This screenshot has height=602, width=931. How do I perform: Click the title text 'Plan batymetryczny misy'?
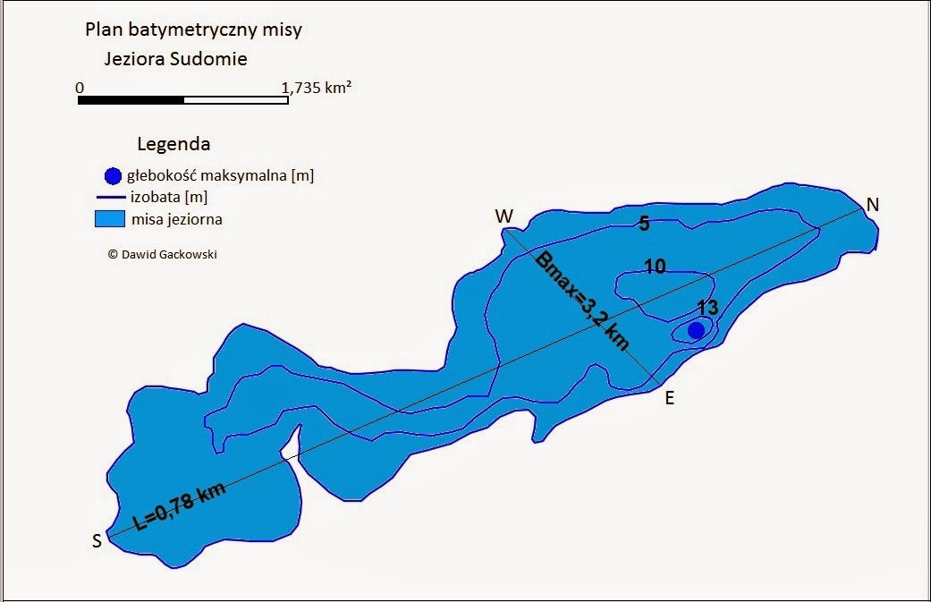193,30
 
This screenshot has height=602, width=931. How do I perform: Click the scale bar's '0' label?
80,88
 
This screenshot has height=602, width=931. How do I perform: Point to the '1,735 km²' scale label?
316,88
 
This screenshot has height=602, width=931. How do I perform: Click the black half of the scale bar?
131,100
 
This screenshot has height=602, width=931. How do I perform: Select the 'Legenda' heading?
174,143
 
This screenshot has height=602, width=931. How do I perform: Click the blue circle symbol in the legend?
112,176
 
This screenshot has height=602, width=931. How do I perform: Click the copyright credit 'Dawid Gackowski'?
162,254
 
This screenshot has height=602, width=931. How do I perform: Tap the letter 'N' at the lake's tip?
873,205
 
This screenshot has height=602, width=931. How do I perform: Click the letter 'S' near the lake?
96,540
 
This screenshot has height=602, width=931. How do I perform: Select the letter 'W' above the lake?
504,216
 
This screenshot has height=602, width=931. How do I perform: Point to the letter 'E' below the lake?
669,399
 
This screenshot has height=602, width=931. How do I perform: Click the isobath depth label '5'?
643,224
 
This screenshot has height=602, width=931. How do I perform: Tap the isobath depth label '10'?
655,266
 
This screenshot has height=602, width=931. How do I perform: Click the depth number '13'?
707,308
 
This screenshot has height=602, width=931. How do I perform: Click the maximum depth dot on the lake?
696,330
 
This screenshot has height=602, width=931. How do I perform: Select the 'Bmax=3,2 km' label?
582,301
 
